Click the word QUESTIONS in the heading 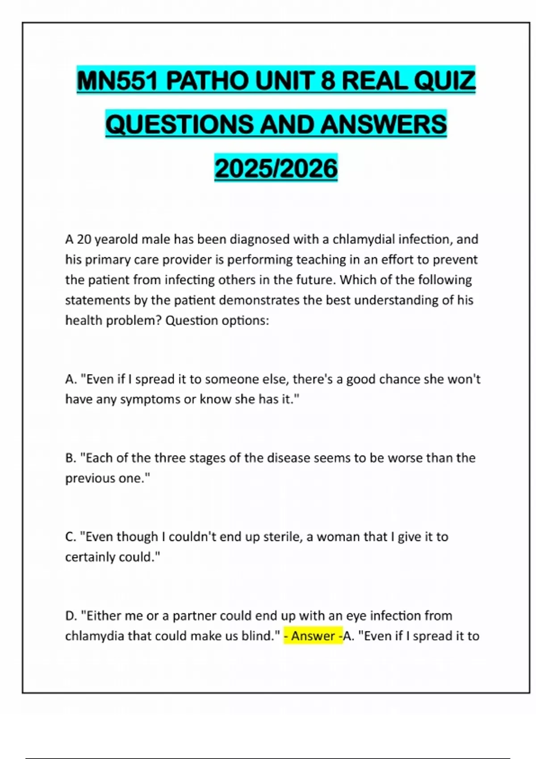(179, 124)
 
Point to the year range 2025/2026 (276, 168)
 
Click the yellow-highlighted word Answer (313, 636)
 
